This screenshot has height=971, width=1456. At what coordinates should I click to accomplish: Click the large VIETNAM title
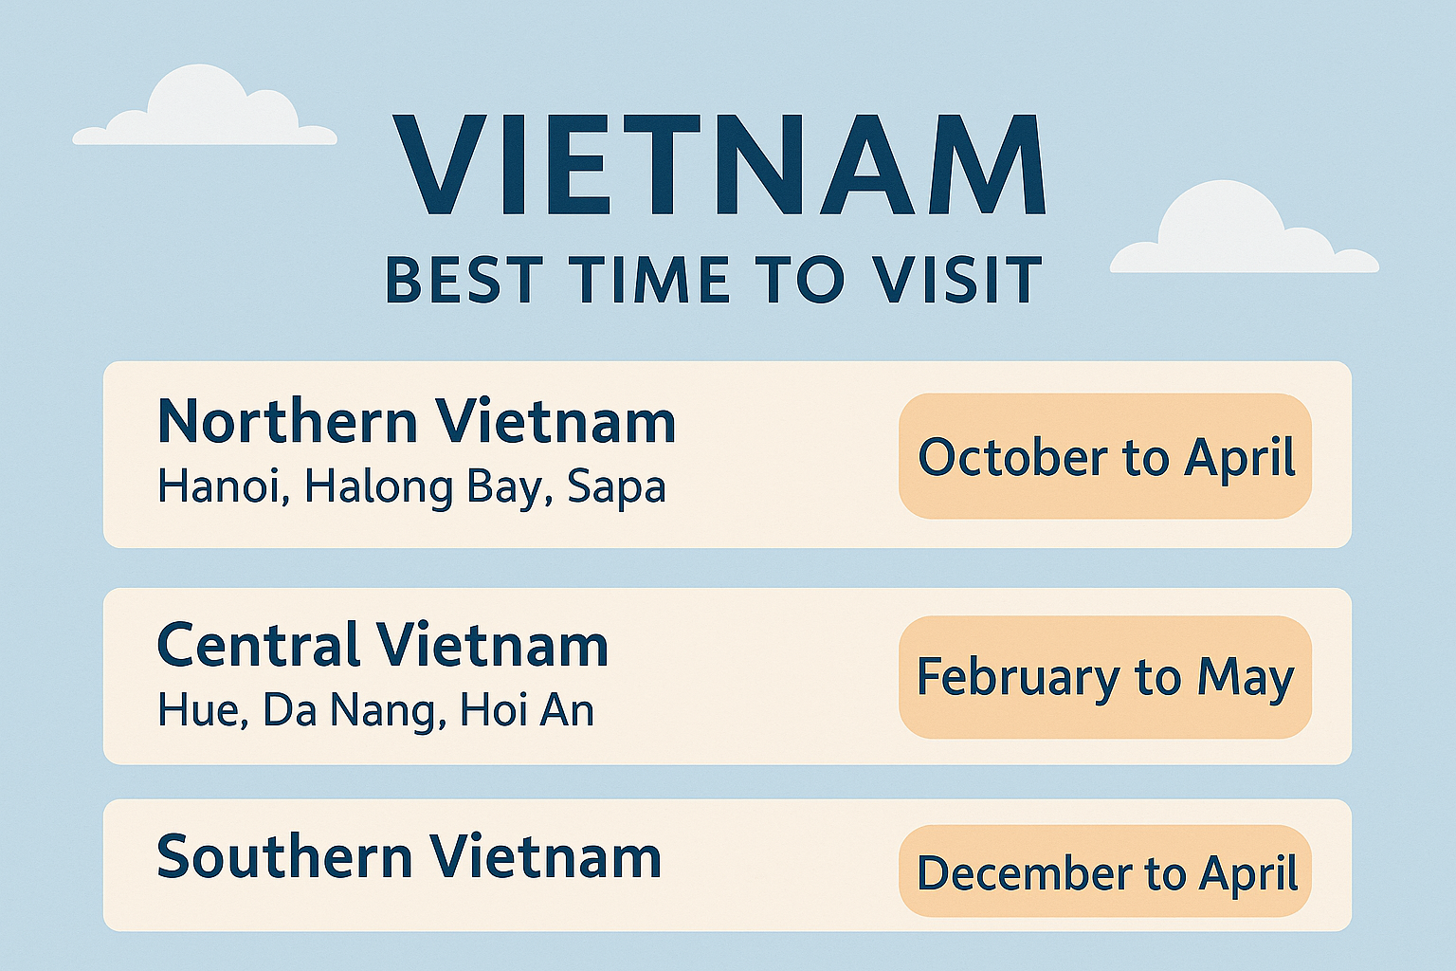click(719, 165)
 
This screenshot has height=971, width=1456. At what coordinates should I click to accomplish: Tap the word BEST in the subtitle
click(464, 280)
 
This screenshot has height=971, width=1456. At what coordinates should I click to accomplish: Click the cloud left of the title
click(205, 105)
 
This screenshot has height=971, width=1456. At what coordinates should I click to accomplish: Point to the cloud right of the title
click(1244, 228)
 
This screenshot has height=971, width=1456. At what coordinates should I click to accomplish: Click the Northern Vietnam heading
click(417, 421)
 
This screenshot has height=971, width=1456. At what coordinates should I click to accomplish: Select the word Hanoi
click(224, 486)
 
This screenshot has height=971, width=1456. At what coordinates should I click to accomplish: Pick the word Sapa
click(617, 489)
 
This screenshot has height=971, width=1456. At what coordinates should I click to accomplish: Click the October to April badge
click(1105, 456)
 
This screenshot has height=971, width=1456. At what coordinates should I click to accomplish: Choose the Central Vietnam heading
click(383, 644)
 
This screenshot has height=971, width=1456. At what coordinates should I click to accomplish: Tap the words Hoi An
click(527, 710)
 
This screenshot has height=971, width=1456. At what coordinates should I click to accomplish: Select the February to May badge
click(1105, 677)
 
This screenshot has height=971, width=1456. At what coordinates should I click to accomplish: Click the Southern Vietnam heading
click(409, 856)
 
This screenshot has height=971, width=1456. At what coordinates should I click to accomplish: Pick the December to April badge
click(1105, 870)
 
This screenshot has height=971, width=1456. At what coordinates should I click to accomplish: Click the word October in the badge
click(1012, 456)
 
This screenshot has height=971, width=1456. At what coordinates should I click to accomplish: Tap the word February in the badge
click(1017, 679)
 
